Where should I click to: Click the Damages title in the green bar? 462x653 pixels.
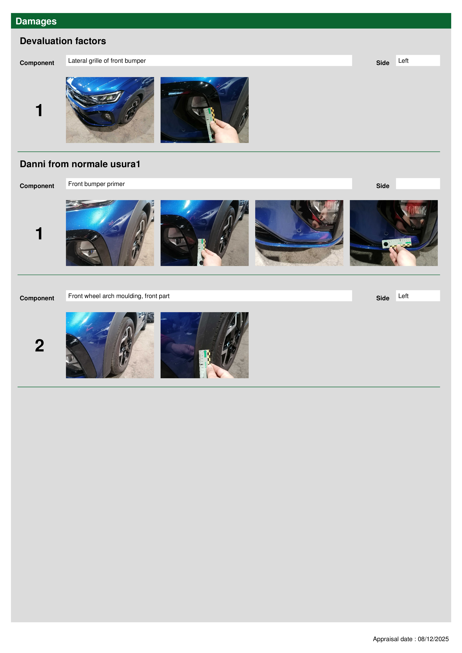(36, 21)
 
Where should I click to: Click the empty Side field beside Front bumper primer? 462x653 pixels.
(418, 184)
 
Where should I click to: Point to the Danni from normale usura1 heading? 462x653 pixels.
(80, 164)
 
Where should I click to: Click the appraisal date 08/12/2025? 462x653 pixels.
(433, 639)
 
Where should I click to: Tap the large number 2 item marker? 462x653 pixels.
(39, 345)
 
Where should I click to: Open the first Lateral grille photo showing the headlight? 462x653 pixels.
(110, 110)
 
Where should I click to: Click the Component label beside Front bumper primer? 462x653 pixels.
(37, 186)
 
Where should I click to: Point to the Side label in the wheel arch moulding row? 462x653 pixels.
(383, 298)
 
